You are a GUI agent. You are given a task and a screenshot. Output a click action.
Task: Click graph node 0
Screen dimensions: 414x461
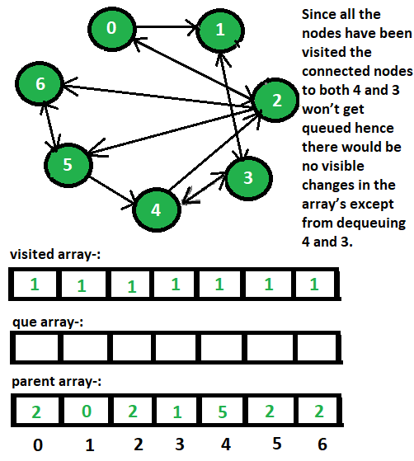pos(111,29)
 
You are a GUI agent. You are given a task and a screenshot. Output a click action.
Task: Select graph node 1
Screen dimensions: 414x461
pos(220,31)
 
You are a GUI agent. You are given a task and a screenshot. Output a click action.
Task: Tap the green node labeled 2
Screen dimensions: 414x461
pos(275,101)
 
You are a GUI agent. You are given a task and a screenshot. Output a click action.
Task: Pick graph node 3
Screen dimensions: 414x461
pos(249,178)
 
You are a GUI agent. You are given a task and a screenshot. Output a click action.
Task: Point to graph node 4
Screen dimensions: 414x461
pos(156,210)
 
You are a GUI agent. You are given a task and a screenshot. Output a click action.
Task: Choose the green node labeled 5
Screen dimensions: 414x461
pos(68,165)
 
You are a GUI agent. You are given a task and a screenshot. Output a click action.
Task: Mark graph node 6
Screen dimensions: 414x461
pos(40,84)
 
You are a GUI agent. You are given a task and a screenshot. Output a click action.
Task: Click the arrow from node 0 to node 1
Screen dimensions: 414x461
pos(166,27)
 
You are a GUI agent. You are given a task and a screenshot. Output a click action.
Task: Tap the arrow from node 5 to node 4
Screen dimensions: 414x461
pos(113,191)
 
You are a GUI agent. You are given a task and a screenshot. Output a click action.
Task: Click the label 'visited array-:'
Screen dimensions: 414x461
pos(55,254)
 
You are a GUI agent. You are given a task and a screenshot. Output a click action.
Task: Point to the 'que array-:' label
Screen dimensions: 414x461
pos(48,322)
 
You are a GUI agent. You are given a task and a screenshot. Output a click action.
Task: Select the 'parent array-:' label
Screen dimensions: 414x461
pos(56,382)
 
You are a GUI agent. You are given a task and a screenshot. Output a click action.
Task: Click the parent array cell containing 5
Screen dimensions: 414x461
pos(222,411)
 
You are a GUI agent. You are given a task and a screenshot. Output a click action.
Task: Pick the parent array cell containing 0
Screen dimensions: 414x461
pos(86,411)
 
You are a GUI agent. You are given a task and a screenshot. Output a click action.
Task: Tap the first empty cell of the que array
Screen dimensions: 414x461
pos(36,347)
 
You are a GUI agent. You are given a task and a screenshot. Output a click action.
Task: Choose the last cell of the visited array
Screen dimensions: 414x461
pos(315,284)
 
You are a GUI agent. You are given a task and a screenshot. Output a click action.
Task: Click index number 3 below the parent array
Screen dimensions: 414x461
pos(180,445)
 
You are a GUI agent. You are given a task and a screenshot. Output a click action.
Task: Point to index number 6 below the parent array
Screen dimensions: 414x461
pos(322,445)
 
